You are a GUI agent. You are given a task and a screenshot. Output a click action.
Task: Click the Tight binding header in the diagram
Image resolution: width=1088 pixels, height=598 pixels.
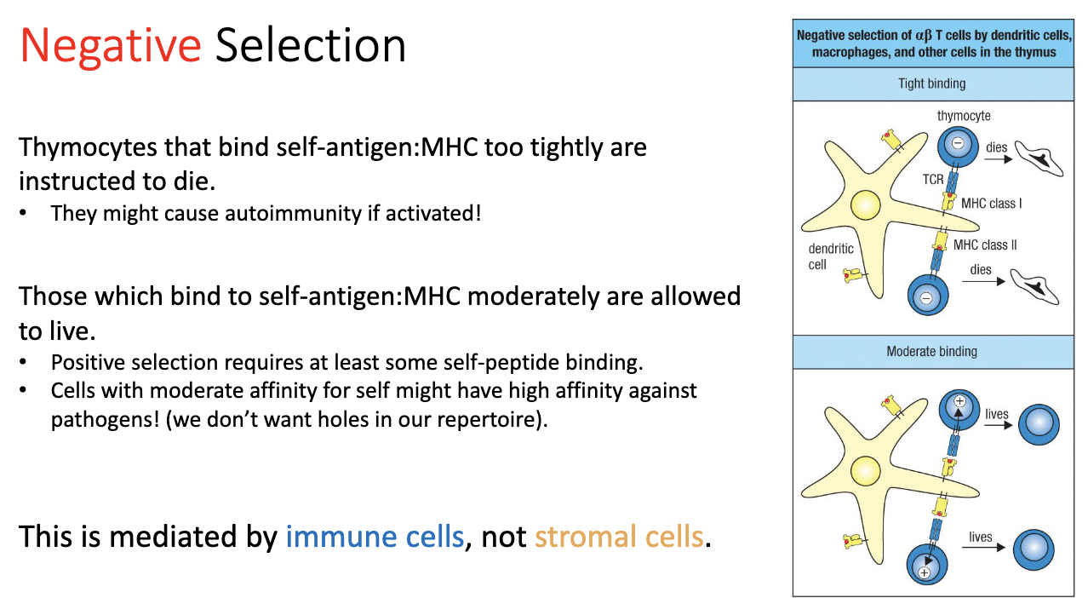(x=931, y=83)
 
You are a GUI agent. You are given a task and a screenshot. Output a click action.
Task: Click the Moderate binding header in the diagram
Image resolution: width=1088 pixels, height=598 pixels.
(x=931, y=351)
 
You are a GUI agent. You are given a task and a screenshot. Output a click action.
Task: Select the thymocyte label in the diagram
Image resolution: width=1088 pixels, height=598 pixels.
(x=964, y=116)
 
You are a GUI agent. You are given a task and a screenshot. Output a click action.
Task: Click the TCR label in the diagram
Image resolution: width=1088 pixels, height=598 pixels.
(x=933, y=181)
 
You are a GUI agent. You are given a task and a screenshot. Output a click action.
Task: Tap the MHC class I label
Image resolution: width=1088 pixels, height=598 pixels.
(x=991, y=204)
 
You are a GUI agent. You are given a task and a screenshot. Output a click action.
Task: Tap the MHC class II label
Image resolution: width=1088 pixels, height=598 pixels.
(x=985, y=245)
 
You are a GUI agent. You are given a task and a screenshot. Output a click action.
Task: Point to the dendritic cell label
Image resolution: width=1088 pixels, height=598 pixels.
(x=830, y=256)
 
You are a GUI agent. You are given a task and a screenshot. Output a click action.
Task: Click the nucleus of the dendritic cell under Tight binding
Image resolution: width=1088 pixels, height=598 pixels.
(x=866, y=205)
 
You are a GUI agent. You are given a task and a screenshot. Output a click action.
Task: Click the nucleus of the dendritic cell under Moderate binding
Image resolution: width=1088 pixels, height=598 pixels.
(x=866, y=470)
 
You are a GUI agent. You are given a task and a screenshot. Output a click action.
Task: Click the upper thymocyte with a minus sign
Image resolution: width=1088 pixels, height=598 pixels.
(x=957, y=144)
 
